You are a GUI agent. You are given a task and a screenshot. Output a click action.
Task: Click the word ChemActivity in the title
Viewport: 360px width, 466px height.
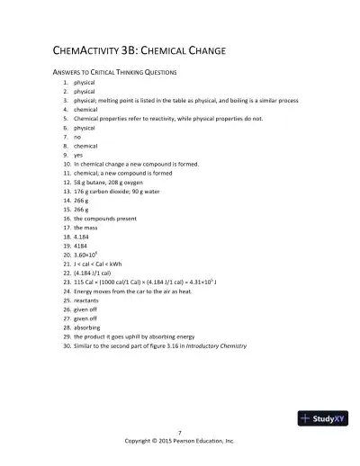(x=80, y=50)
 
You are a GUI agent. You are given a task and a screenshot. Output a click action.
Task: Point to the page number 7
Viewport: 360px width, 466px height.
(x=180, y=433)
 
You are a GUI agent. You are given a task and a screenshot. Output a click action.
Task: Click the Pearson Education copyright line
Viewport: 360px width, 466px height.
(x=180, y=442)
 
